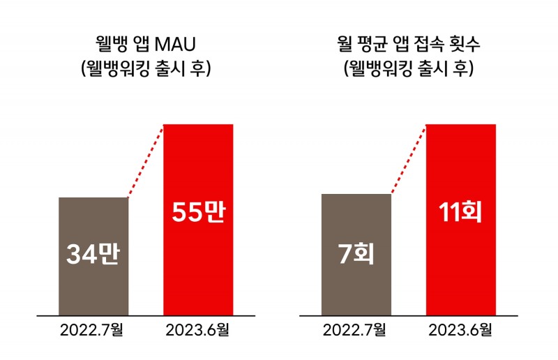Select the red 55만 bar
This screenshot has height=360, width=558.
(x=198, y=265)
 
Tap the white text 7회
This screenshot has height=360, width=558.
(x=356, y=255)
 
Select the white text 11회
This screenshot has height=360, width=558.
(x=461, y=212)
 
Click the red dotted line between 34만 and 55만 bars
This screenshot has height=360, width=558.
(x=146, y=161)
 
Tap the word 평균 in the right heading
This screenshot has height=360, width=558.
(x=375, y=45)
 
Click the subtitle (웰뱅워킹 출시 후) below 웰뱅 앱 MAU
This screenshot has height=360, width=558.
(x=146, y=69)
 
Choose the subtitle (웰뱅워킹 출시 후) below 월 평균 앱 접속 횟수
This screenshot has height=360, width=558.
(x=409, y=69)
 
